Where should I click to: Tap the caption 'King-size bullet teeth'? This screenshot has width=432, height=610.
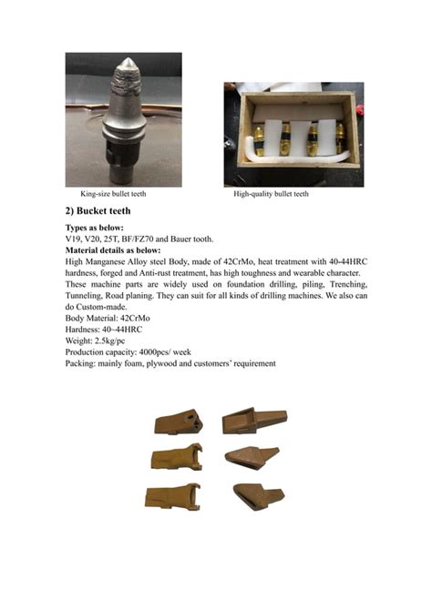pyautogui.click(x=113, y=194)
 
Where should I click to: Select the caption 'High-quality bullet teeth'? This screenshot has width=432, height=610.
pyautogui.click(x=271, y=194)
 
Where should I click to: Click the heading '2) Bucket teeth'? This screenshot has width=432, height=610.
pyautogui.click(x=102, y=210)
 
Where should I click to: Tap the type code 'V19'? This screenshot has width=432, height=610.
pyautogui.click(x=74, y=239)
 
